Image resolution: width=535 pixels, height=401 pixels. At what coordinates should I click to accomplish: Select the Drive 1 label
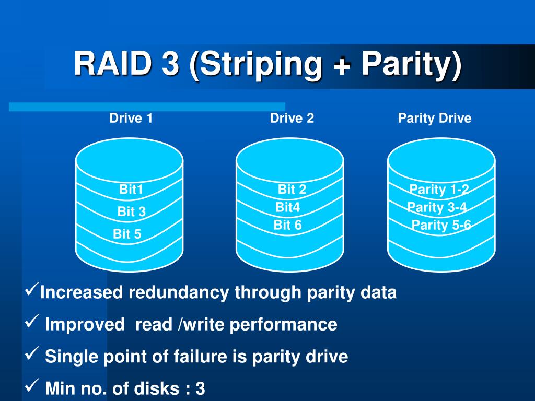click(x=131, y=119)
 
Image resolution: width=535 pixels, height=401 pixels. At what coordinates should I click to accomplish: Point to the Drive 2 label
click(x=292, y=119)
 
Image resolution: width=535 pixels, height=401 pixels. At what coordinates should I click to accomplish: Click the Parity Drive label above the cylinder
click(x=435, y=119)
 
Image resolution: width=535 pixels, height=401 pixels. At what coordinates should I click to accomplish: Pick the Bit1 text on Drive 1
click(x=131, y=190)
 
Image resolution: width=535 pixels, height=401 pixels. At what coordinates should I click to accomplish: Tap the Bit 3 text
click(x=132, y=212)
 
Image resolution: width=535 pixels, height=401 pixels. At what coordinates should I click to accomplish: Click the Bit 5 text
click(x=127, y=234)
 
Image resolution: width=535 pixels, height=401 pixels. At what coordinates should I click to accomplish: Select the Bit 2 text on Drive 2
click(x=292, y=190)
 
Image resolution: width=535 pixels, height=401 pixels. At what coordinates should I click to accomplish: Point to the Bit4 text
click(x=288, y=207)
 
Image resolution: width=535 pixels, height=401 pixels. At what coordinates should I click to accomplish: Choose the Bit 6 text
click(x=288, y=226)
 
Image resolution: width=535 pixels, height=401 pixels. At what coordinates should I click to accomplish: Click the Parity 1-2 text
click(x=439, y=190)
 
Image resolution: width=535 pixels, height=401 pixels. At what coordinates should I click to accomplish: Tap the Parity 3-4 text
click(x=437, y=208)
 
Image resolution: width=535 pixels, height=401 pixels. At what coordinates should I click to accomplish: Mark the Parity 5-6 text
click(x=441, y=226)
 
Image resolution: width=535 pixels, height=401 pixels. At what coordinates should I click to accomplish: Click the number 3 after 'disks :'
click(x=201, y=388)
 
